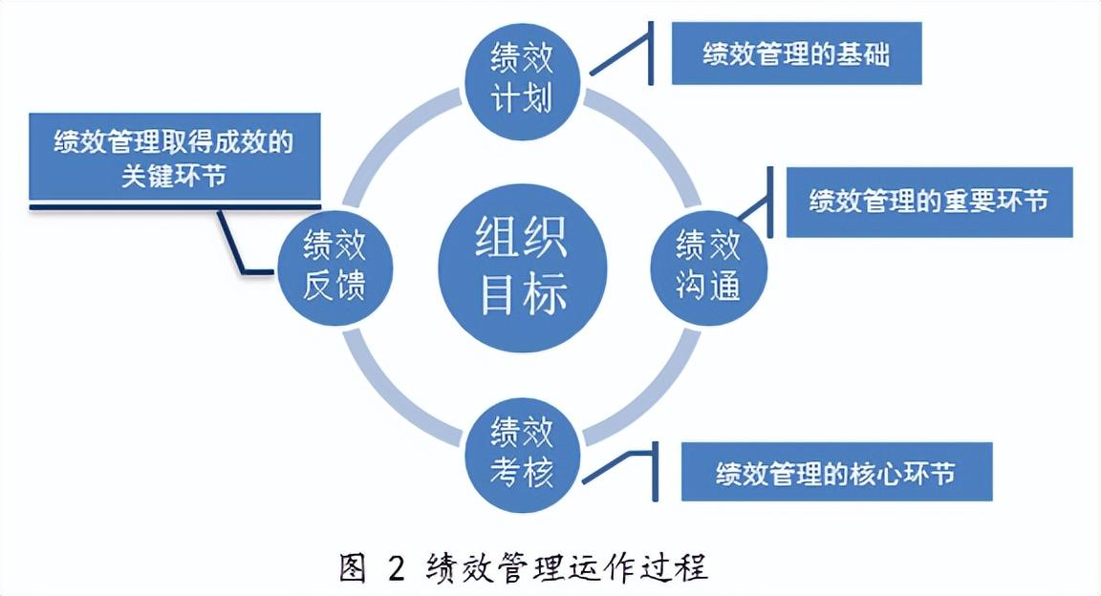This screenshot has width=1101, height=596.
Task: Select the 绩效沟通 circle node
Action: click(x=708, y=265)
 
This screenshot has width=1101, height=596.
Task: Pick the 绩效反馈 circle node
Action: click(x=335, y=265)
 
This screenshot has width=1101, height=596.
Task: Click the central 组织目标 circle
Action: click(x=522, y=265)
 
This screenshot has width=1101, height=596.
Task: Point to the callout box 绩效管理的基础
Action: click(x=796, y=53)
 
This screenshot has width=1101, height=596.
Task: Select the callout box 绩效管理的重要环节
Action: click(x=929, y=202)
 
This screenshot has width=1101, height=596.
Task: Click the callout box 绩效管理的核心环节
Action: click(x=836, y=472)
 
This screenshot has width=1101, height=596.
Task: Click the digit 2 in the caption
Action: click(x=397, y=568)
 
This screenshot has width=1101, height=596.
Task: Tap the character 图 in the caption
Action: click(x=354, y=568)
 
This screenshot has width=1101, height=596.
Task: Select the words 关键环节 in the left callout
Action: click(x=174, y=176)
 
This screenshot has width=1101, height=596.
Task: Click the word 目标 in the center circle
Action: click(x=522, y=294)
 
